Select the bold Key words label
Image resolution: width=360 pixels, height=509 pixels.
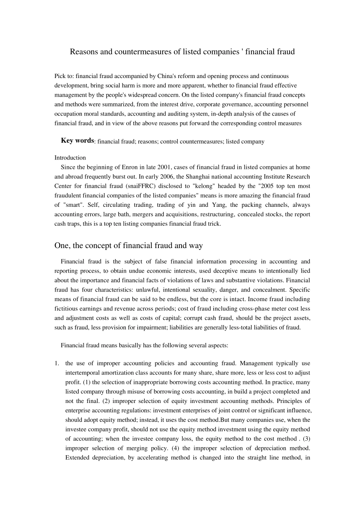[x=77, y=141]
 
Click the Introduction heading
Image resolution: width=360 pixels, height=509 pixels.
[x=70, y=158]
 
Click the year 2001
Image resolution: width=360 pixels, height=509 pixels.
[x=165, y=167]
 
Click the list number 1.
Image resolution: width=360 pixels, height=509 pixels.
[x=57, y=364]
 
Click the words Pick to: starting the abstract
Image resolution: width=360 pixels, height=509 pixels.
[x=64, y=77]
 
